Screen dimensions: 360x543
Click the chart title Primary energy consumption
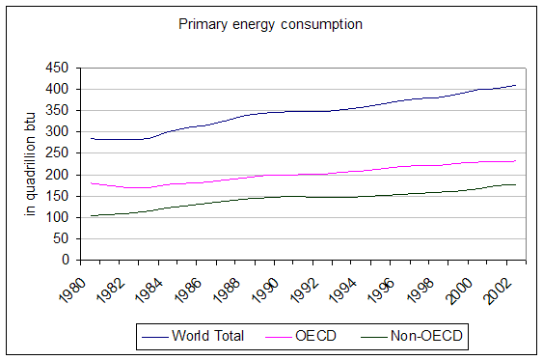click(x=270, y=23)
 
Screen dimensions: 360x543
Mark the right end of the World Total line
click(x=516, y=85)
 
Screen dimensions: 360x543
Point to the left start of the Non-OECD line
click(x=90, y=215)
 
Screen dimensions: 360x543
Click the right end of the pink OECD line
click(x=516, y=161)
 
